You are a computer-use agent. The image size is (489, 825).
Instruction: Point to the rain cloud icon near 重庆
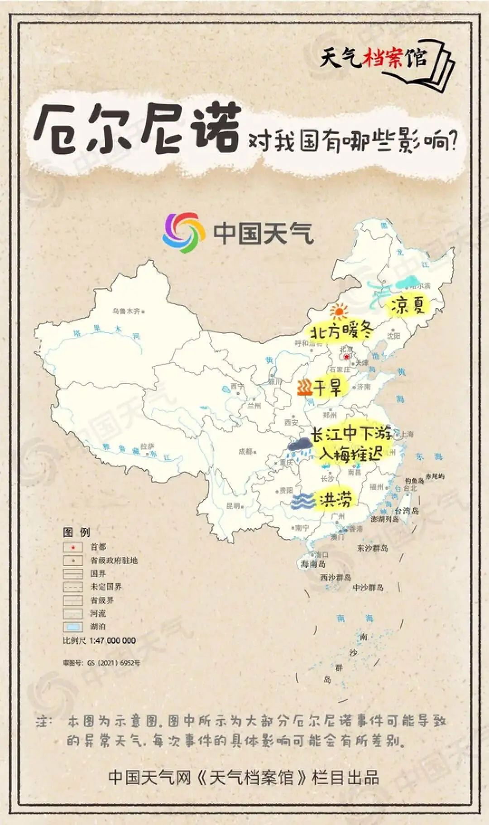pyautogui.click(x=299, y=446)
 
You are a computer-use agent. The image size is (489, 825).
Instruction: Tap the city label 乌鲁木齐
pyautogui.click(x=127, y=311)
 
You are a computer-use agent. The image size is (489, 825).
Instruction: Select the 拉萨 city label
pyautogui.click(x=147, y=446)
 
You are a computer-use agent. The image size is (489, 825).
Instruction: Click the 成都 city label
pyautogui.click(x=245, y=451)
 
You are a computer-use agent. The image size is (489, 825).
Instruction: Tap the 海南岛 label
pyautogui.click(x=313, y=564)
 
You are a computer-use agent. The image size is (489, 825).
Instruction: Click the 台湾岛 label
pyautogui.click(x=407, y=511)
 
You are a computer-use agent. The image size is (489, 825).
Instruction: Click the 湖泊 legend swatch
pyautogui.click(x=73, y=627)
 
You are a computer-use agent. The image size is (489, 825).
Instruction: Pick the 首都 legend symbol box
pyautogui.click(x=73, y=547)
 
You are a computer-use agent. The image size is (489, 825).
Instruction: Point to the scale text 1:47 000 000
pyautogui.click(x=112, y=640)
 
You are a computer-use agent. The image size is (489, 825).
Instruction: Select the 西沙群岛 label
pyautogui.click(x=336, y=578)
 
